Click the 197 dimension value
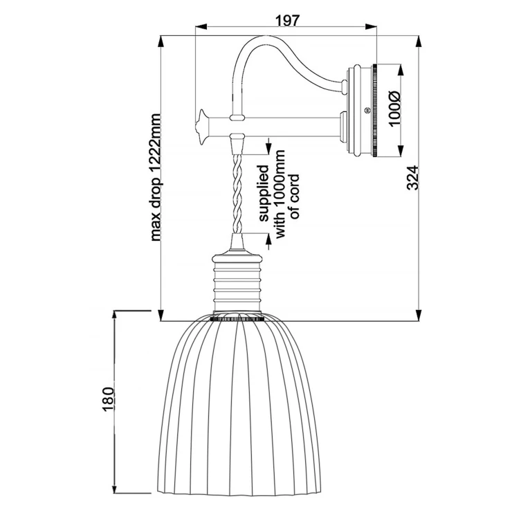click(287, 21)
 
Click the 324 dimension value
click(413, 178)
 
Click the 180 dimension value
click(108, 400)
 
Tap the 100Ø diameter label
click(395, 109)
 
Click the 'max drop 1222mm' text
click(156, 178)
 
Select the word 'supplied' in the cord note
click(263, 193)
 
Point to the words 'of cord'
click(294, 196)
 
